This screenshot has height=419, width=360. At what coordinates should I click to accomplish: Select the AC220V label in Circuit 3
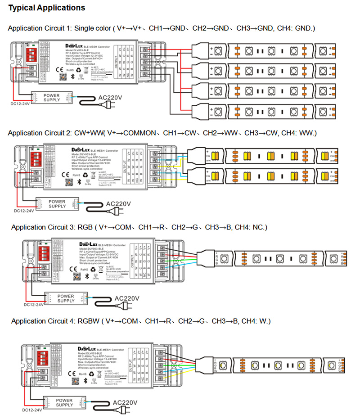point(127,298)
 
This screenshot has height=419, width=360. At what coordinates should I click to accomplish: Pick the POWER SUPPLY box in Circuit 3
point(66,298)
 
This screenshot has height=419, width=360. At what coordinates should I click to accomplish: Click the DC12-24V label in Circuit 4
point(32,410)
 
